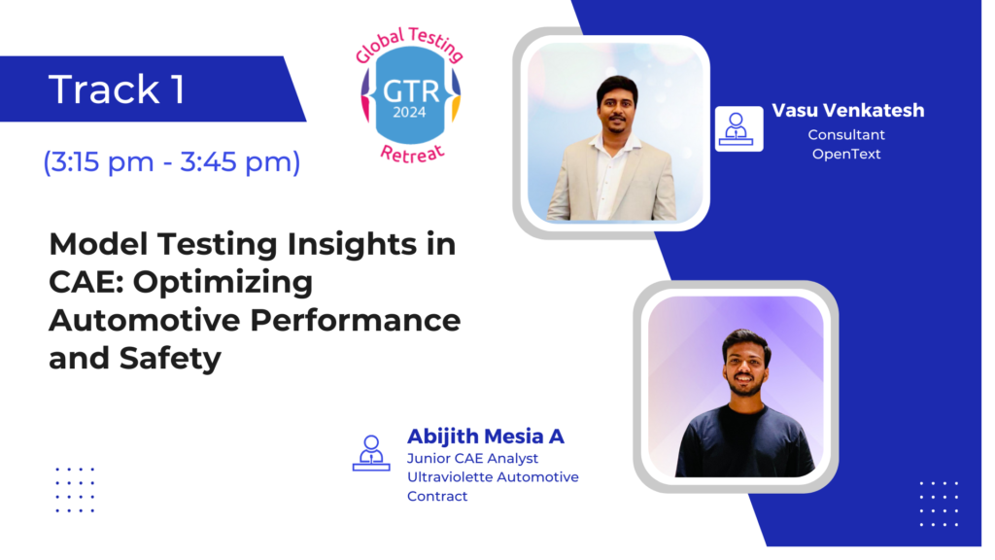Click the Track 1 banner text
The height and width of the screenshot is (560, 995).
117,88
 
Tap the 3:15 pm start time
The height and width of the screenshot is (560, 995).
98,162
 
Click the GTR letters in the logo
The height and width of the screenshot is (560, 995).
411,91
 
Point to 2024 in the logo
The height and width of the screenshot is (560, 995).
409,113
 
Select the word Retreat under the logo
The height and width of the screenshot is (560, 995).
411,154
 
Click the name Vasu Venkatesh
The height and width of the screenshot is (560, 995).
847,110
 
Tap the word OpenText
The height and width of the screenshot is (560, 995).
846,154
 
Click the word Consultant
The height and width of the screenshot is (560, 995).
846,134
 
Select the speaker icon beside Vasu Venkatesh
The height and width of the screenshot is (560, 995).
738,129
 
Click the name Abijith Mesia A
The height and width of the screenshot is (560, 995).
486,437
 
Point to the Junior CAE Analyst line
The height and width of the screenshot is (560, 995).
472,458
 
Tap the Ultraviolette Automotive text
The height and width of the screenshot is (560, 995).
493,476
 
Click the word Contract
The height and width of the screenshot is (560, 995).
437,496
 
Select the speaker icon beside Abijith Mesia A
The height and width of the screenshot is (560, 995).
371,453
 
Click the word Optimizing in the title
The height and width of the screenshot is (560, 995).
223,283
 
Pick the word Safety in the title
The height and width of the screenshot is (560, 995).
170,358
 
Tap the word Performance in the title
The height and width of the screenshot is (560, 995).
356,319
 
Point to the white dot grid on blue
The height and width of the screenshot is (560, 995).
940,505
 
